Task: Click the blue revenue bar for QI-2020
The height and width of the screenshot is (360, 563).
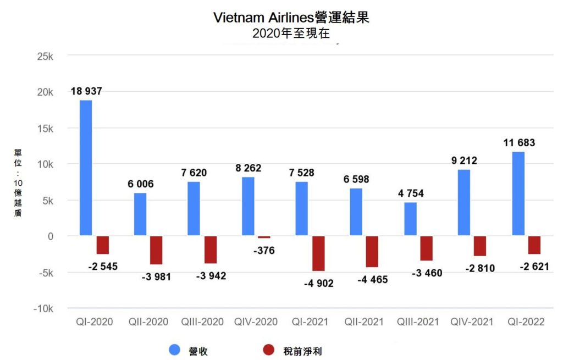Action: coord(85,168)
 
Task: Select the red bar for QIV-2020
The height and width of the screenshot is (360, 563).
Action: coord(264,237)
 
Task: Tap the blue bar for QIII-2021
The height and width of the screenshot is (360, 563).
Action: coord(410,219)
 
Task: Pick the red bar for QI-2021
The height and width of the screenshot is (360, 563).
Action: coord(318,253)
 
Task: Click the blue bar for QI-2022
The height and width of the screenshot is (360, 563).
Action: coord(518,194)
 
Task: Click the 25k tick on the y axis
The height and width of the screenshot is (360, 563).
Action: coord(43,56)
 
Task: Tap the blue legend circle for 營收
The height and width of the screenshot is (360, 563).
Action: coord(175,350)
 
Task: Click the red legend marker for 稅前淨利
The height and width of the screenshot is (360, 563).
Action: coord(268,350)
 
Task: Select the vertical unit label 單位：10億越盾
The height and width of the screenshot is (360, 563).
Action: coord(18,182)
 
